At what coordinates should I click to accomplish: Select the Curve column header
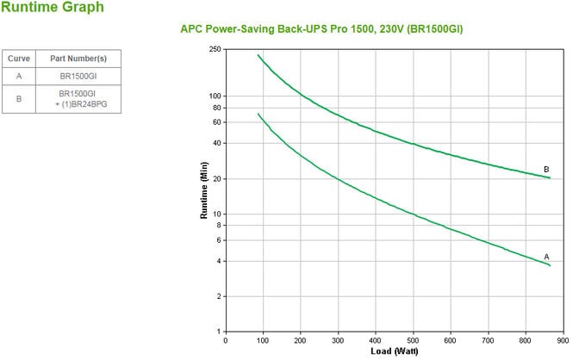(x=19, y=59)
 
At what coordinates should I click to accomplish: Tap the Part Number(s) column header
(x=78, y=59)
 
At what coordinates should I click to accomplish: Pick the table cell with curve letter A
(x=19, y=77)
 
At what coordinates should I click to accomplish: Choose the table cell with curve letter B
(x=19, y=98)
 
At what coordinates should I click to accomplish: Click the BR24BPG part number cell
(x=78, y=99)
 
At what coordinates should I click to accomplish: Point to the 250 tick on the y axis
(x=215, y=49)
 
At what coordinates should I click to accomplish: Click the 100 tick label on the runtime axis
(x=215, y=96)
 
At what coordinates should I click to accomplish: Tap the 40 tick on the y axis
(x=216, y=143)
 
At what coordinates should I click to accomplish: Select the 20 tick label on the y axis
(x=216, y=178)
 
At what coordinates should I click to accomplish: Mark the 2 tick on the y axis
(x=219, y=296)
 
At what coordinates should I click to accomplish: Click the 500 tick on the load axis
(x=413, y=340)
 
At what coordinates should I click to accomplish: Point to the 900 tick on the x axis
(x=563, y=340)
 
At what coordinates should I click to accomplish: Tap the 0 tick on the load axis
(x=226, y=340)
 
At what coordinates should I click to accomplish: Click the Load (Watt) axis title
(x=394, y=351)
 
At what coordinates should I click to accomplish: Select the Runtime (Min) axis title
(x=204, y=190)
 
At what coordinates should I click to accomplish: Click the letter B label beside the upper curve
(x=546, y=169)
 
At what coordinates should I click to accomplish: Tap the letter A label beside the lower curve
(x=546, y=257)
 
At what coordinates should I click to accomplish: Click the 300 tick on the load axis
(x=338, y=340)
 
